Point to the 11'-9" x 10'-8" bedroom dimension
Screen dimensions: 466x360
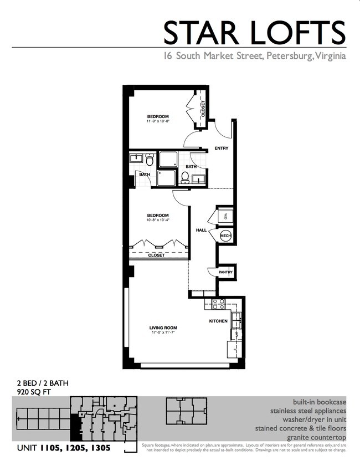coord(158,121)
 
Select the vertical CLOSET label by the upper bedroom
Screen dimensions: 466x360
coord(203,109)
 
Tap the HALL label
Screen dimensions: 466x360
coord(201,229)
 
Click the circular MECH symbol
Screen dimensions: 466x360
coord(225,236)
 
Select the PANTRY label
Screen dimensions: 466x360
coord(225,272)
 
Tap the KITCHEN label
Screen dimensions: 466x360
coord(219,321)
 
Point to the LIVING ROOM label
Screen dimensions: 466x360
coord(163,327)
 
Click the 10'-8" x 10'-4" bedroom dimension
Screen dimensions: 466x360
coord(158,220)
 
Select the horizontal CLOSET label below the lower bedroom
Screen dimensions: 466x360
coord(156,255)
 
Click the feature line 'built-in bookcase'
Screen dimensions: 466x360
coord(320,402)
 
